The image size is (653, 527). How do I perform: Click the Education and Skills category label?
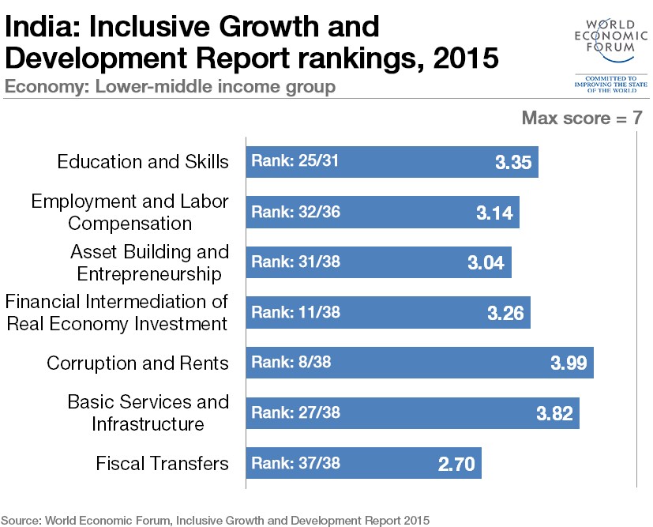point(143,162)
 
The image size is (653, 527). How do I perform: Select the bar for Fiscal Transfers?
point(363,463)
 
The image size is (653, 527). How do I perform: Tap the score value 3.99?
point(569,363)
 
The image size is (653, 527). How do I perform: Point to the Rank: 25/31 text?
point(295,161)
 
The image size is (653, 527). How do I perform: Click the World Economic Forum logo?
point(611,55)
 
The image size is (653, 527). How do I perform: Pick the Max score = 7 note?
point(582,118)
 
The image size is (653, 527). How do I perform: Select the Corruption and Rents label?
point(137,363)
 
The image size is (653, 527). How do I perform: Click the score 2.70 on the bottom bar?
point(456,464)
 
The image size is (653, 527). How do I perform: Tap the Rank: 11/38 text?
point(295,312)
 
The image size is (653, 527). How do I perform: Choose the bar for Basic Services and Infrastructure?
point(412,413)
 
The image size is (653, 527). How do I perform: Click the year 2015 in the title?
point(466,58)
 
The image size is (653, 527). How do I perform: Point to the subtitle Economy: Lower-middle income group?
point(170,87)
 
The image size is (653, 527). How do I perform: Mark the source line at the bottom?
point(216,521)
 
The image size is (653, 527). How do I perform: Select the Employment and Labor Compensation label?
point(129,212)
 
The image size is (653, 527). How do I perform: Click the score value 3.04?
point(486,262)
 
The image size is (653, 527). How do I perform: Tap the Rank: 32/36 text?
point(295,212)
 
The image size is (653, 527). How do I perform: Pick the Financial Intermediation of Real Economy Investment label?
point(117,312)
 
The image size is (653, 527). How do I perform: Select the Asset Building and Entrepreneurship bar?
point(378,262)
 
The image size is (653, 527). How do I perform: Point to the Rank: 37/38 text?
point(295,463)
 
